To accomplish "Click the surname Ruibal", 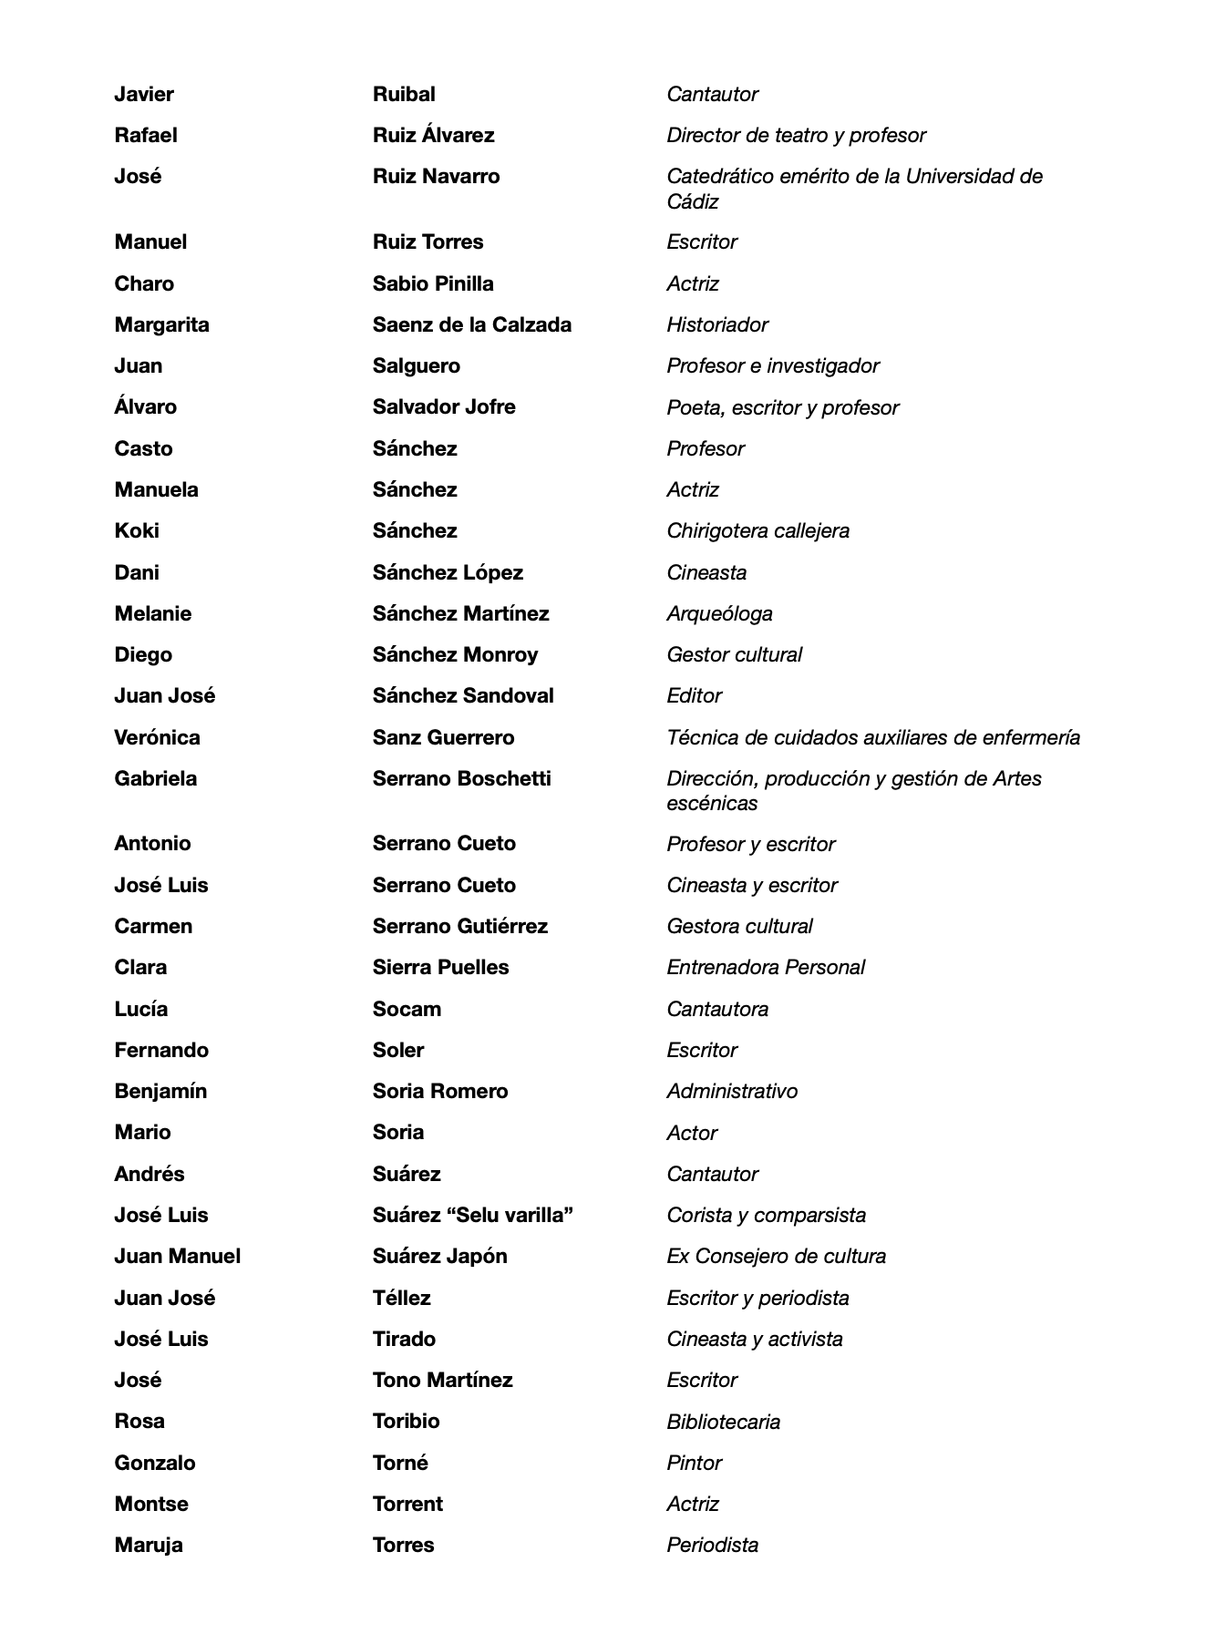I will pos(404,95).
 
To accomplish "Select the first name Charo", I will pos(144,284).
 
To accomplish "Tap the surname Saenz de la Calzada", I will pos(471,325).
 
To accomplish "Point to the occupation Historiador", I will pos(717,325).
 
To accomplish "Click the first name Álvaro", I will pos(146,407).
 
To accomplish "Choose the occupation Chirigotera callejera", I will pos(757,531).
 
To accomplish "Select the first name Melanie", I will pos(153,614).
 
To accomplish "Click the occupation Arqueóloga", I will pos(719,614).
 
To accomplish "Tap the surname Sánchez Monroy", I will pos(455,655).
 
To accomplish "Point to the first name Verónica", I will pos(157,738).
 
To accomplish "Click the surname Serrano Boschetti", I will pos(461,779).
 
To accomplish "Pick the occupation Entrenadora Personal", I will pos(766,968).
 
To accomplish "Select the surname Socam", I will pos(407,1010).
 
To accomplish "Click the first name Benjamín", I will pos(160,1092).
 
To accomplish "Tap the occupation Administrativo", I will pos(732,1092).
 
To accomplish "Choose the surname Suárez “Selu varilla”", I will pos(472,1216).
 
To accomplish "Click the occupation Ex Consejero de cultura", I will pos(776,1257).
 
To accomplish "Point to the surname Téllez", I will pos(401,1299).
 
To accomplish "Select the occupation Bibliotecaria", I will pos(723,1423).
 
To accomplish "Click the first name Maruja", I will pos(149,1546).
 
